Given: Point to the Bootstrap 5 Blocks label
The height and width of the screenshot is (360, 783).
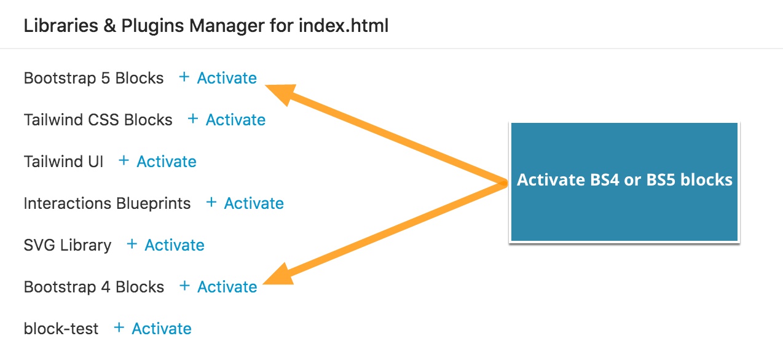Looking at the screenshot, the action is click(x=93, y=78).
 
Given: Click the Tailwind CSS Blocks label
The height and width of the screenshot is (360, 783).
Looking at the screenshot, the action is click(x=98, y=120).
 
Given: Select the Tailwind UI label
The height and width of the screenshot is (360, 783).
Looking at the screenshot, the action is click(x=64, y=162).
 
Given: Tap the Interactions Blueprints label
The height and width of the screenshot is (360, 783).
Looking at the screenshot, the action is click(x=108, y=203).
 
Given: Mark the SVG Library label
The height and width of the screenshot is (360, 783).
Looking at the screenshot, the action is click(x=68, y=245).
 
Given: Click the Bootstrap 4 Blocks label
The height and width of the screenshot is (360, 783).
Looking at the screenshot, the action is click(x=94, y=287).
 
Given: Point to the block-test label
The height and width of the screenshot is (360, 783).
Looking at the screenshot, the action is click(x=61, y=329).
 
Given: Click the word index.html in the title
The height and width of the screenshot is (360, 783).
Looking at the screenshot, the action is click(x=344, y=26).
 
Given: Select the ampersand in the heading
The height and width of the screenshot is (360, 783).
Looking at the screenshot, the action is click(x=109, y=26).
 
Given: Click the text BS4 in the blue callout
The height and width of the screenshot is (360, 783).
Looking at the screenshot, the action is click(x=604, y=180).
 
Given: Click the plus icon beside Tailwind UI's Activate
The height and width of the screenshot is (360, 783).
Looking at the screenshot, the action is click(x=124, y=161).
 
